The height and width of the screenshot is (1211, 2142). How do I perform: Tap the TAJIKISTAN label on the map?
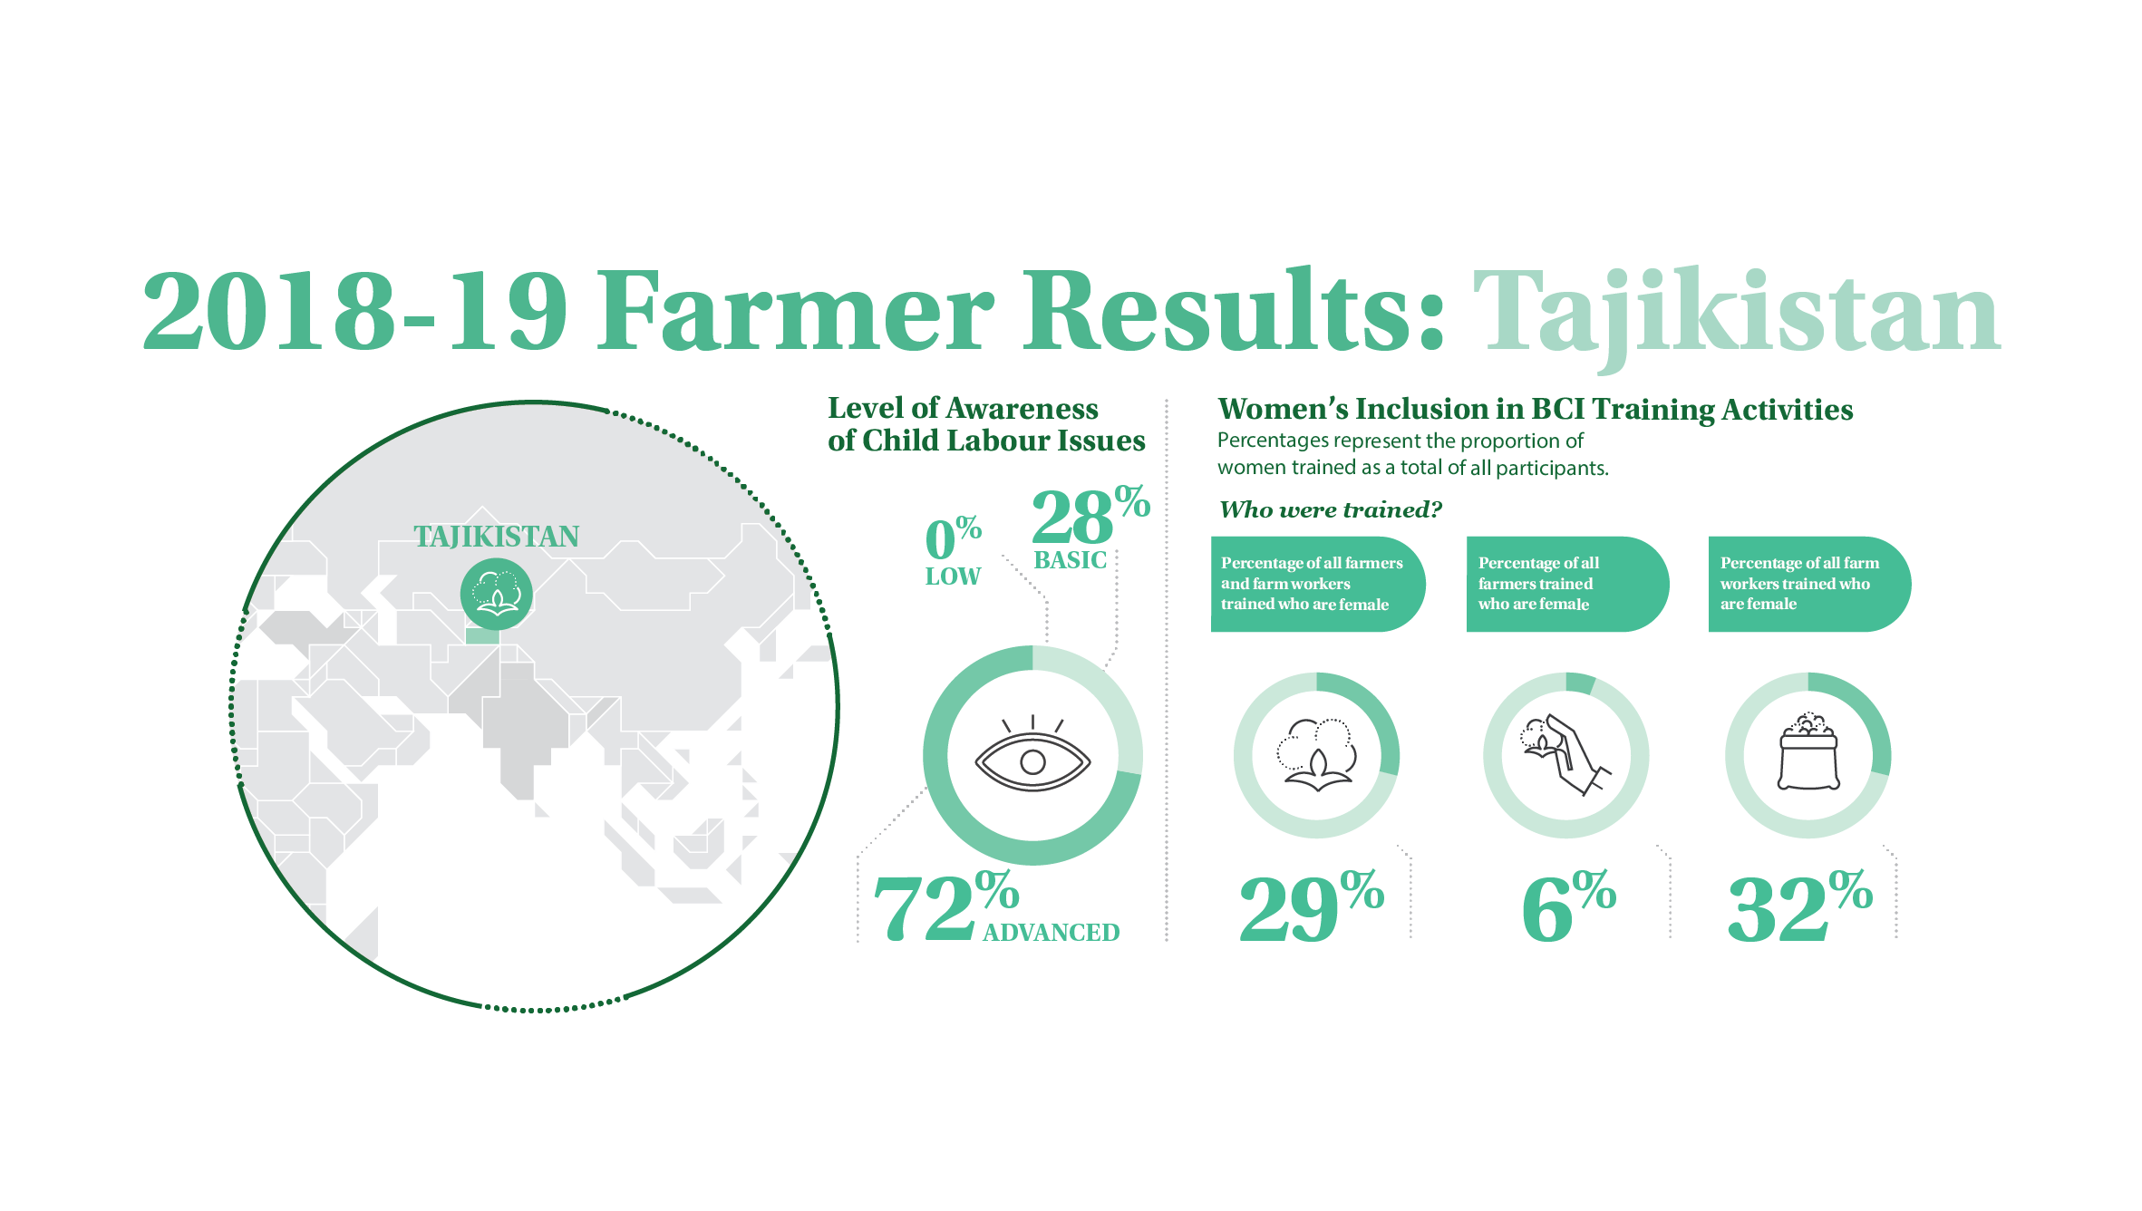click(x=496, y=537)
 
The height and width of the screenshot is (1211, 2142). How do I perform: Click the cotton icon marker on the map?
click(x=496, y=594)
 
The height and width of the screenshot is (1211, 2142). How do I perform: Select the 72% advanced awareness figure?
click(x=945, y=906)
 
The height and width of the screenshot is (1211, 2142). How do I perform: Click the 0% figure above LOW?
click(x=953, y=538)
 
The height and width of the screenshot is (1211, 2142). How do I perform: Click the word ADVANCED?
click(x=1052, y=933)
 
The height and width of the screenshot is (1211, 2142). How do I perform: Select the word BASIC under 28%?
click(x=1071, y=560)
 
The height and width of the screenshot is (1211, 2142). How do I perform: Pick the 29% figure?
click(x=1312, y=906)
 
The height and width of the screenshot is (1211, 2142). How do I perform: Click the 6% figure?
click(x=1569, y=906)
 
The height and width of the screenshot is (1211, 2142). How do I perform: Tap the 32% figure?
click(x=1800, y=906)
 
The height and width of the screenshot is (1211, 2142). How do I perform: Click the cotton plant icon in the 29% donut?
click(x=1316, y=755)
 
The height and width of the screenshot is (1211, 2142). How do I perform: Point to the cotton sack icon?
click(x=1808, y=751)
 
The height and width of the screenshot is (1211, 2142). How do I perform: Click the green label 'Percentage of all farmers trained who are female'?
click(x=1567, y=584)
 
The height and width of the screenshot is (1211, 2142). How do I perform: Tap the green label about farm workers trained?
click(x=1809, y=584)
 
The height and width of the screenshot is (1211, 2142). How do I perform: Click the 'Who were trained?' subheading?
click(x=1330, y=509)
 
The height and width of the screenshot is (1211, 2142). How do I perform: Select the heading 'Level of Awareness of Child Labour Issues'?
click(x=986, y=424)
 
